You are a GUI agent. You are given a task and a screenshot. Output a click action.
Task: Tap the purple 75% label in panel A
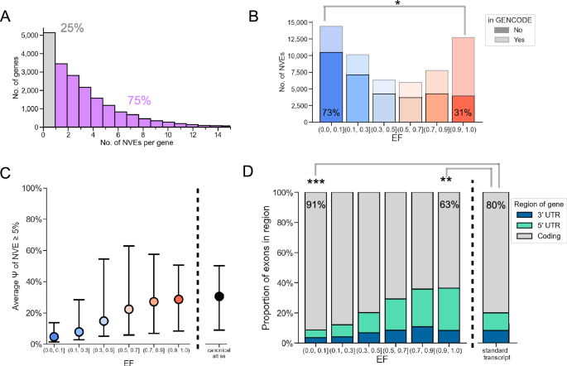pos(139,100)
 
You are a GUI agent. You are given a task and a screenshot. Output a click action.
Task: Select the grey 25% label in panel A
pos(72,28)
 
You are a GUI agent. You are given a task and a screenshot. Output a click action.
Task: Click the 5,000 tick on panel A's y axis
pos(26,36)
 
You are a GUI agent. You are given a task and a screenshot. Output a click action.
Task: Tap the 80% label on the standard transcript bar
pos(495,202)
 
